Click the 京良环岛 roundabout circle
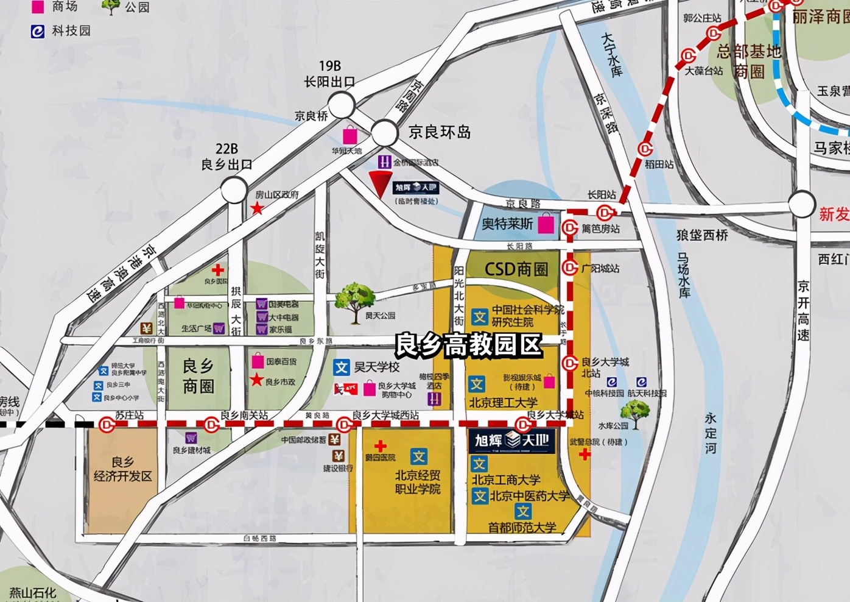385,133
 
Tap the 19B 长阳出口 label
329,74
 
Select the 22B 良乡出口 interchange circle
234,190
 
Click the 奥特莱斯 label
507,224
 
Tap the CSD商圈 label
516,269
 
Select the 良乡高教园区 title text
468,345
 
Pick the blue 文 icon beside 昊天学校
341,367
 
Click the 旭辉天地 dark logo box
511,441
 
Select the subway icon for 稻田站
645,149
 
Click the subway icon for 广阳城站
570,267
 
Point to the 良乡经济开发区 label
123,469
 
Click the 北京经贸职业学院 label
418,481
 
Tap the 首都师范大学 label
522,527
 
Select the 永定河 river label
711,433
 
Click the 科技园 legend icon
38,31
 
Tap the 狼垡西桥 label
702,235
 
